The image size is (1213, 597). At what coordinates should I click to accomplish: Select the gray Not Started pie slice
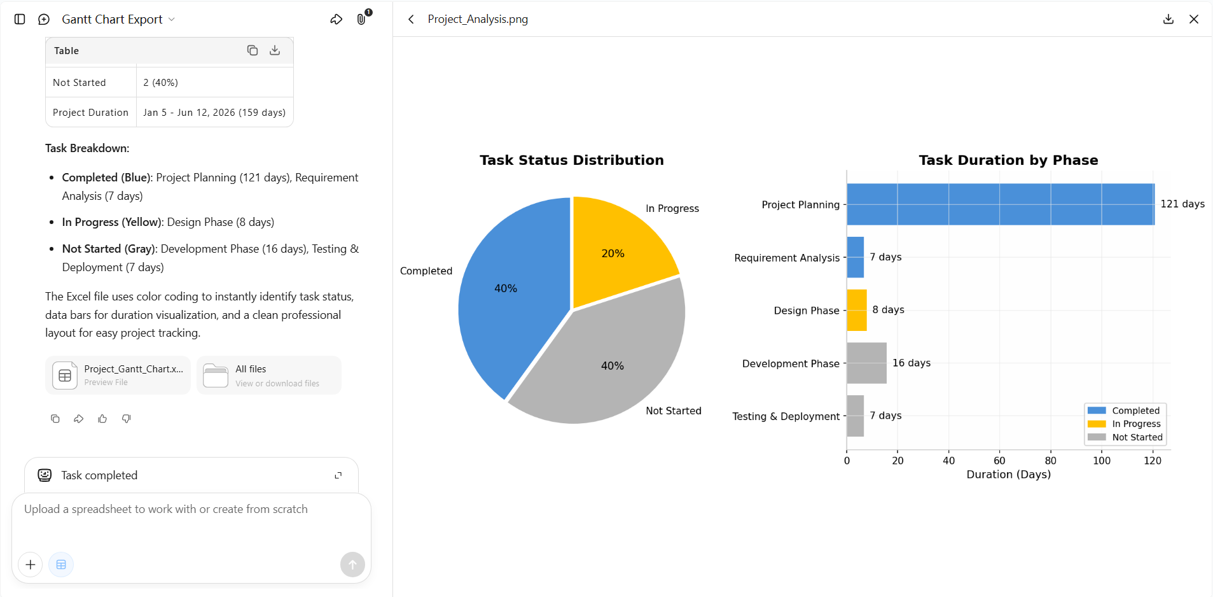pos(604,363)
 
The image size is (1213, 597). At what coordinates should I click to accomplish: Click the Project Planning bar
pos(1001,204)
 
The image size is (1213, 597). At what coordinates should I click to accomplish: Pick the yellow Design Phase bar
pos(857,310)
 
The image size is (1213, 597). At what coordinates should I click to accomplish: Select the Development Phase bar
pos(866,363)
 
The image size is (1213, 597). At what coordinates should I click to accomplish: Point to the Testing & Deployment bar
pos(856,416)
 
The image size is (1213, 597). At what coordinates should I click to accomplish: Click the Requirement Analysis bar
pos(856,257)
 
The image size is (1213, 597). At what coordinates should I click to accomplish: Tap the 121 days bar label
pos(1182,204)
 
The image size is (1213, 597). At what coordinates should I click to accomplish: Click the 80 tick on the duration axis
pos(1051,460)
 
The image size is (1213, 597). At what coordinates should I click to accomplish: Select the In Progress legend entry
pos(1124,424)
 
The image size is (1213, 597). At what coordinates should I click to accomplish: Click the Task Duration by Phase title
pos(1008,160)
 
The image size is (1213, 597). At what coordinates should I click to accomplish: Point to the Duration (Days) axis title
pos(1008,474)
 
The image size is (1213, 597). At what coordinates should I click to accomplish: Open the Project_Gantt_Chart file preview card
pos(118,375)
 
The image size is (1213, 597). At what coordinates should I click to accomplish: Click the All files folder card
pos(269,375)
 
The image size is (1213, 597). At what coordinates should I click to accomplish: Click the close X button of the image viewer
pos(1194,19)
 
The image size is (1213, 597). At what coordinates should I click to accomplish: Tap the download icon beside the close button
pos(1168,19)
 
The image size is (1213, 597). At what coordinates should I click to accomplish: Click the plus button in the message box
pos(31,565)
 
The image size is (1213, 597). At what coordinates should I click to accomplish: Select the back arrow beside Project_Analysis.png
pos(411,19)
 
